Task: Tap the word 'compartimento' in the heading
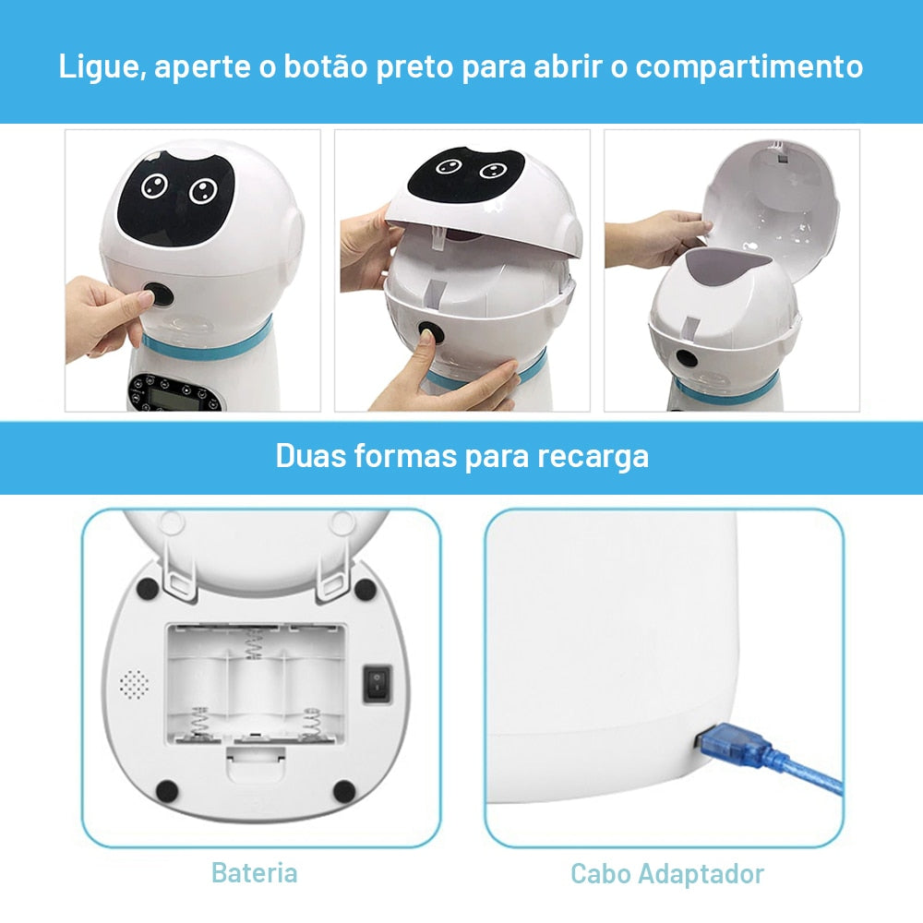click(x=749, y=67)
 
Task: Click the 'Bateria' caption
click(x=255, y=872)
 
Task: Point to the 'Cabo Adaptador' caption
click(x=667, y=873)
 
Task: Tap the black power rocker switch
click(x=377, y=683)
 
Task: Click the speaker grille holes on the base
click(x=134, y=684)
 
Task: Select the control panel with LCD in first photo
click(x=175, y=392)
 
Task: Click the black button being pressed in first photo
click(x=159, y=294)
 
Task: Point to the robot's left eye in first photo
click(x=154, y=186)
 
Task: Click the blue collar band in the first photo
click(x=207, y=343)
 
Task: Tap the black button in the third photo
click(x=686, y=358)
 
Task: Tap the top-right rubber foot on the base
click(x=365, y=589)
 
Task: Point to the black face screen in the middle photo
click(x=466, y=174)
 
